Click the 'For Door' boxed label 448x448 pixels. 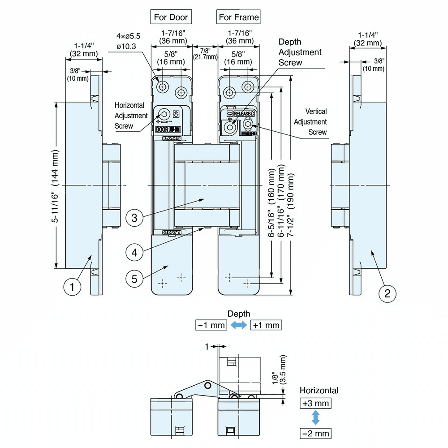(171, 17)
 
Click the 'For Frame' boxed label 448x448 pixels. (239, 17)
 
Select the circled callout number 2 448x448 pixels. (388, 293)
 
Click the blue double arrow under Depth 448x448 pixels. (238, 325)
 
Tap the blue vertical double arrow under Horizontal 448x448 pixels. (315, 418)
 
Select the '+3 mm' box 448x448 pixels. (315, 403)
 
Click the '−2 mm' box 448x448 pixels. (315, 433)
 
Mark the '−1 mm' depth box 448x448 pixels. (211, 325)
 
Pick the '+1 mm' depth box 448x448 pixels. (266, 325)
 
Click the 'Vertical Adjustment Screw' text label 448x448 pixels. (316, 121)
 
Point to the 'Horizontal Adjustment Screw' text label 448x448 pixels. (130, 116)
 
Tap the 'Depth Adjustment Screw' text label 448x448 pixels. (300, 52)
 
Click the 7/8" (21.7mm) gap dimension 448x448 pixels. (205, 54)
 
